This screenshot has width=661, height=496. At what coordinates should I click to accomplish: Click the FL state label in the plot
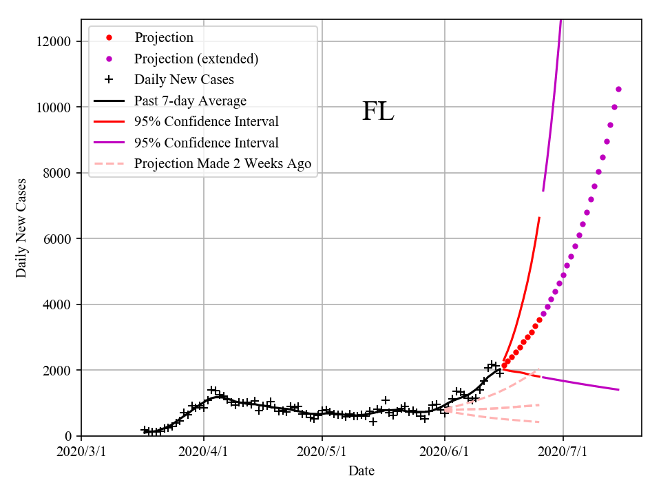point(378,112)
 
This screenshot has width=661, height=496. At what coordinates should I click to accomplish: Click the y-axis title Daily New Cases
point(21,228)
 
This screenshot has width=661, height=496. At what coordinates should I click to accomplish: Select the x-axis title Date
point(361,471)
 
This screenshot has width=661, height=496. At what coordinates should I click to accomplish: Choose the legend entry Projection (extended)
point(196,59)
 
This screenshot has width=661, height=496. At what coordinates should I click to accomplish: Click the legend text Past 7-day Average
point(190,101)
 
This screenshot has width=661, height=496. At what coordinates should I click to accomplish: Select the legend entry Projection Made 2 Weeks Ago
point(222,164)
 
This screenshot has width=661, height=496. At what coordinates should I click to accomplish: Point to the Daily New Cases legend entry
point(184,80)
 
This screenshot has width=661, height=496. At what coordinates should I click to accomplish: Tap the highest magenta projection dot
point(618,89)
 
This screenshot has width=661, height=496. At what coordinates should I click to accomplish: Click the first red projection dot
point(504,365)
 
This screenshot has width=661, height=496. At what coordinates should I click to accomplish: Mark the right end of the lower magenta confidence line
point(618,390)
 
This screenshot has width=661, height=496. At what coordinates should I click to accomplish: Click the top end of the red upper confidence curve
point(539,218)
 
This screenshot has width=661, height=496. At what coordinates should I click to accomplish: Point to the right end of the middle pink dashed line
point(539,404)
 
